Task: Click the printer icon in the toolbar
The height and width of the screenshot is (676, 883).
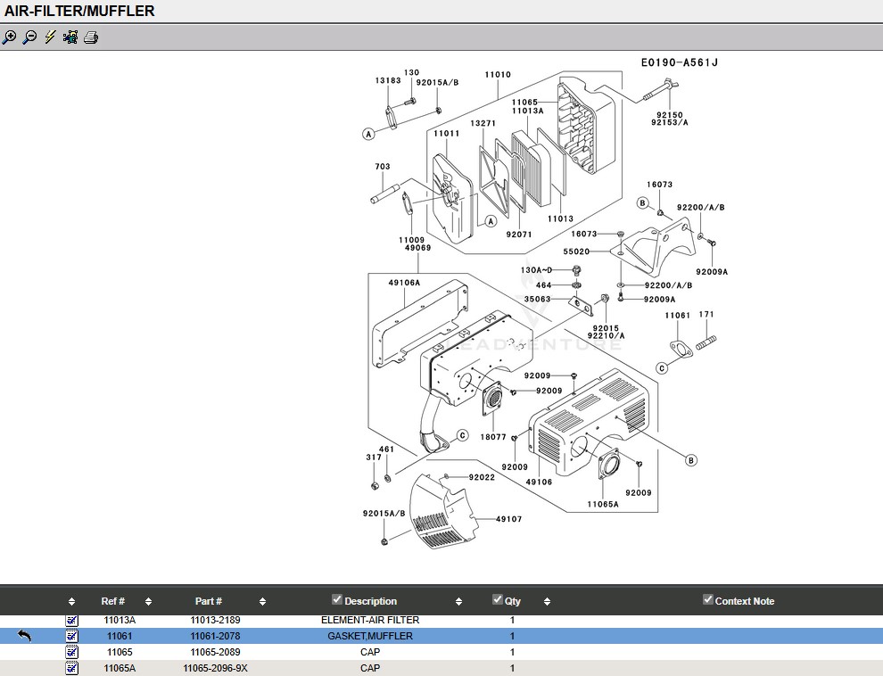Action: pos(91,37)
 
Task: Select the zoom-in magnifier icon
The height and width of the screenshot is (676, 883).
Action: pos(10,37)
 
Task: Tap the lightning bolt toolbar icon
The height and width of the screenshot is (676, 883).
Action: pos(50,37)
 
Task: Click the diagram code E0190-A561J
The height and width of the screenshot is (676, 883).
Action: pos(679,62)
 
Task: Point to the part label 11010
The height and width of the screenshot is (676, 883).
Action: pos(498,74)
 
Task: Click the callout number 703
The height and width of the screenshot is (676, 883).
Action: pos(383,167)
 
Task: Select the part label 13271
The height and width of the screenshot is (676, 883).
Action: pos(483,123)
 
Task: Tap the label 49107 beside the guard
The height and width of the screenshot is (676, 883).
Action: pos(508,519)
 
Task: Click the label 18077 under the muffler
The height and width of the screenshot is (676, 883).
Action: pos(492,437)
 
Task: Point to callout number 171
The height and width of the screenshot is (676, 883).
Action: pos(706,314)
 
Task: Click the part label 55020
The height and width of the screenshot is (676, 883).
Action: pos(576,251)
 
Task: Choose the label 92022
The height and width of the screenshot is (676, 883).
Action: pos(482,477)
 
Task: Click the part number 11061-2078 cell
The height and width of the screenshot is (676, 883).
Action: pos(215,636)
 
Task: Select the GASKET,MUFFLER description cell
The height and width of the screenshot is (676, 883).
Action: pos(370,636)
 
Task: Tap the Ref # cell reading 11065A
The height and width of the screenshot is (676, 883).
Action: pos(120,668)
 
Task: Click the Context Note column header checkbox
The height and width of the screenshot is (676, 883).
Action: pos(708,599)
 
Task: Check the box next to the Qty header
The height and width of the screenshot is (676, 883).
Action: pos(498,599)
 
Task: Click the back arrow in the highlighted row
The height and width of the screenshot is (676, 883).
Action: pos(24,636)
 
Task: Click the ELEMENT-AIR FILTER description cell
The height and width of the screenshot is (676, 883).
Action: pos(370,620)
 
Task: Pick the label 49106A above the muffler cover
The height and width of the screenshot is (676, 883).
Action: pos(404,283)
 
